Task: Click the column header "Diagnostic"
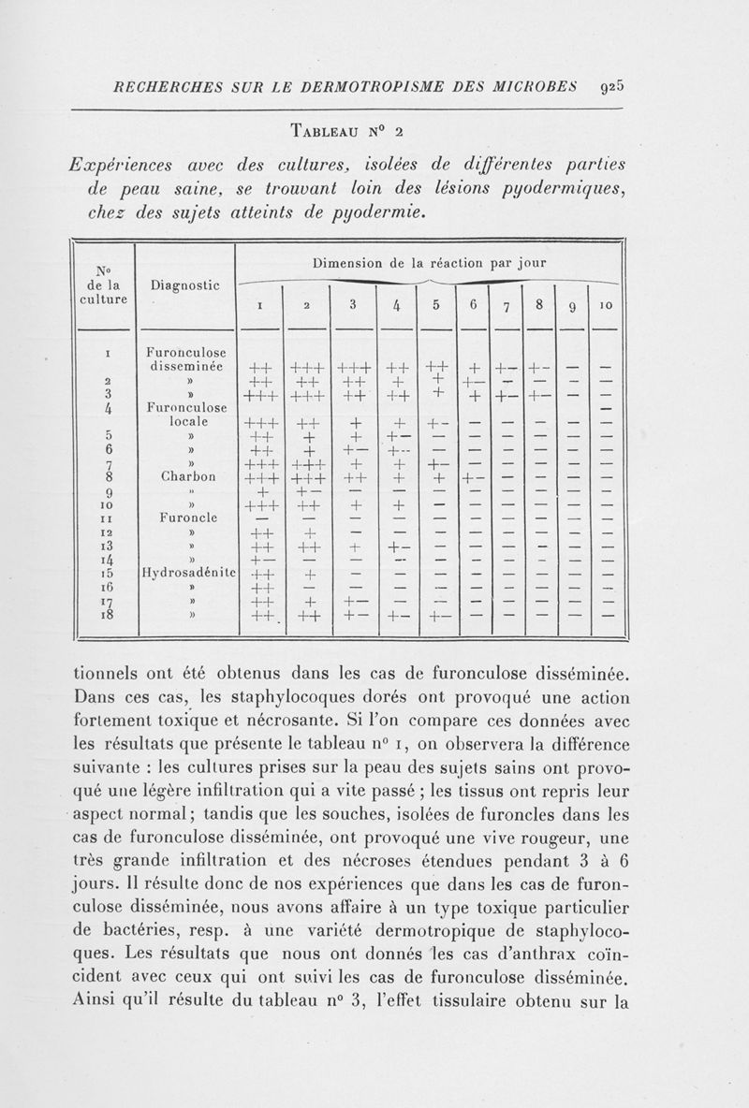184,283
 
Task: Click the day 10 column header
606,305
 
